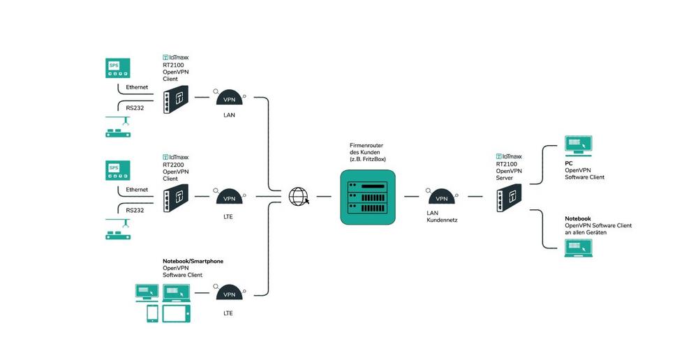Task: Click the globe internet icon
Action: pyautogui.click(x=298, y=197)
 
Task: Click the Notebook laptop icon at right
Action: pyautogui.click(x=578, y=248)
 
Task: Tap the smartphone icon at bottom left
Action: pyautogui.click(x=151, y=313)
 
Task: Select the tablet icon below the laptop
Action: pyautogui.click(x=176, y=313)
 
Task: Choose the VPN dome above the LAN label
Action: pyautogui.click(x=229, y=98)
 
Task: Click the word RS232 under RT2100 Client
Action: pyautogui.click(x=135, y=108)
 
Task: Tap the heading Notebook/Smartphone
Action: pyautogui.click(x=193, y=261)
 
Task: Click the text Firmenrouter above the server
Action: pyautogui.click(x=366, y=145)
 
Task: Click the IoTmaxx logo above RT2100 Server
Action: pyautogui.click(x=509, y=157)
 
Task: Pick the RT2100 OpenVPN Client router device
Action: pyautogui.click(x=174, y=98)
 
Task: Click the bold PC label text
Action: pyautogui.click(x=569, y=164)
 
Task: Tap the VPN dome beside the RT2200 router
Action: pyautogui.click(x=229, y=197)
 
